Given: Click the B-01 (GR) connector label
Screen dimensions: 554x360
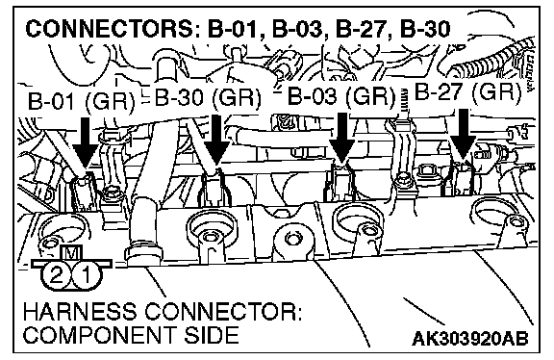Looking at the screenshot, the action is click(x=81, y=101).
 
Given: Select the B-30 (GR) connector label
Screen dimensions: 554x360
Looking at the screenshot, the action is click(x=208, y=97).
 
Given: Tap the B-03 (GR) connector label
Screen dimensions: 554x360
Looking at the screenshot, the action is click(x=341, y=95).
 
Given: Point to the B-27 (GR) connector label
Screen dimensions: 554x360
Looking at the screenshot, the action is click(x=467, y=92).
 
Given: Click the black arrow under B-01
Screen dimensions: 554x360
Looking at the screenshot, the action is click(x=85, y=142).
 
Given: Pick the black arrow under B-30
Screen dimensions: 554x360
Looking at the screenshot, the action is click(x=216, y=141).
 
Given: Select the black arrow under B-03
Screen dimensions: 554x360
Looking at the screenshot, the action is click(x=341, y=139).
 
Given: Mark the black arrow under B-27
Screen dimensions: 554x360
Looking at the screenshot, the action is click(x=464, y=135).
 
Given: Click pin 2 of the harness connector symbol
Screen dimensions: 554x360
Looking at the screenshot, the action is click(x=56, y=276).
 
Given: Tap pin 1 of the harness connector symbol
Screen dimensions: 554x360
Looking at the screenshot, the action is click(x=86, y=276).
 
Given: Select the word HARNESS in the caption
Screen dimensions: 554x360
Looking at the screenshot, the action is click(x=80, y=312).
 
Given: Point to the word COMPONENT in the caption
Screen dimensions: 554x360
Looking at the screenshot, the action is click(x=100, y=334).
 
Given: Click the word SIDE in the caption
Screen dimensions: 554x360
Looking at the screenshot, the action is click(x=212, y=334).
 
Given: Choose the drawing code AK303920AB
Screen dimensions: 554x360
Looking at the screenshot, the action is click(x=470, y=339).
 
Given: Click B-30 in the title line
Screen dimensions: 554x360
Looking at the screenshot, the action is click(x=425, y=29).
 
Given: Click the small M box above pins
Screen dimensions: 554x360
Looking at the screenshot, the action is click(x=72, y=252).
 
